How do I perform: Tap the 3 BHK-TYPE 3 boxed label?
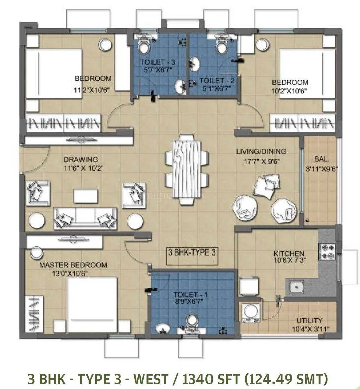tap(191, 252)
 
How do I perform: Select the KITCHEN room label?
tap(289, 254)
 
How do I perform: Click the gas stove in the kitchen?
tap(327, 252)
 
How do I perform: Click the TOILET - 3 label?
tap(158, 62)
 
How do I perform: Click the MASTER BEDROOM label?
tap(73, 265)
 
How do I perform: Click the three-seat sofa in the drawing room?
tap(85, 218)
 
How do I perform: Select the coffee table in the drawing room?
tap(85, 196)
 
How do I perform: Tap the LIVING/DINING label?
tap(261, 151)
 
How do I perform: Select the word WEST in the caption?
tap(151, 379)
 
